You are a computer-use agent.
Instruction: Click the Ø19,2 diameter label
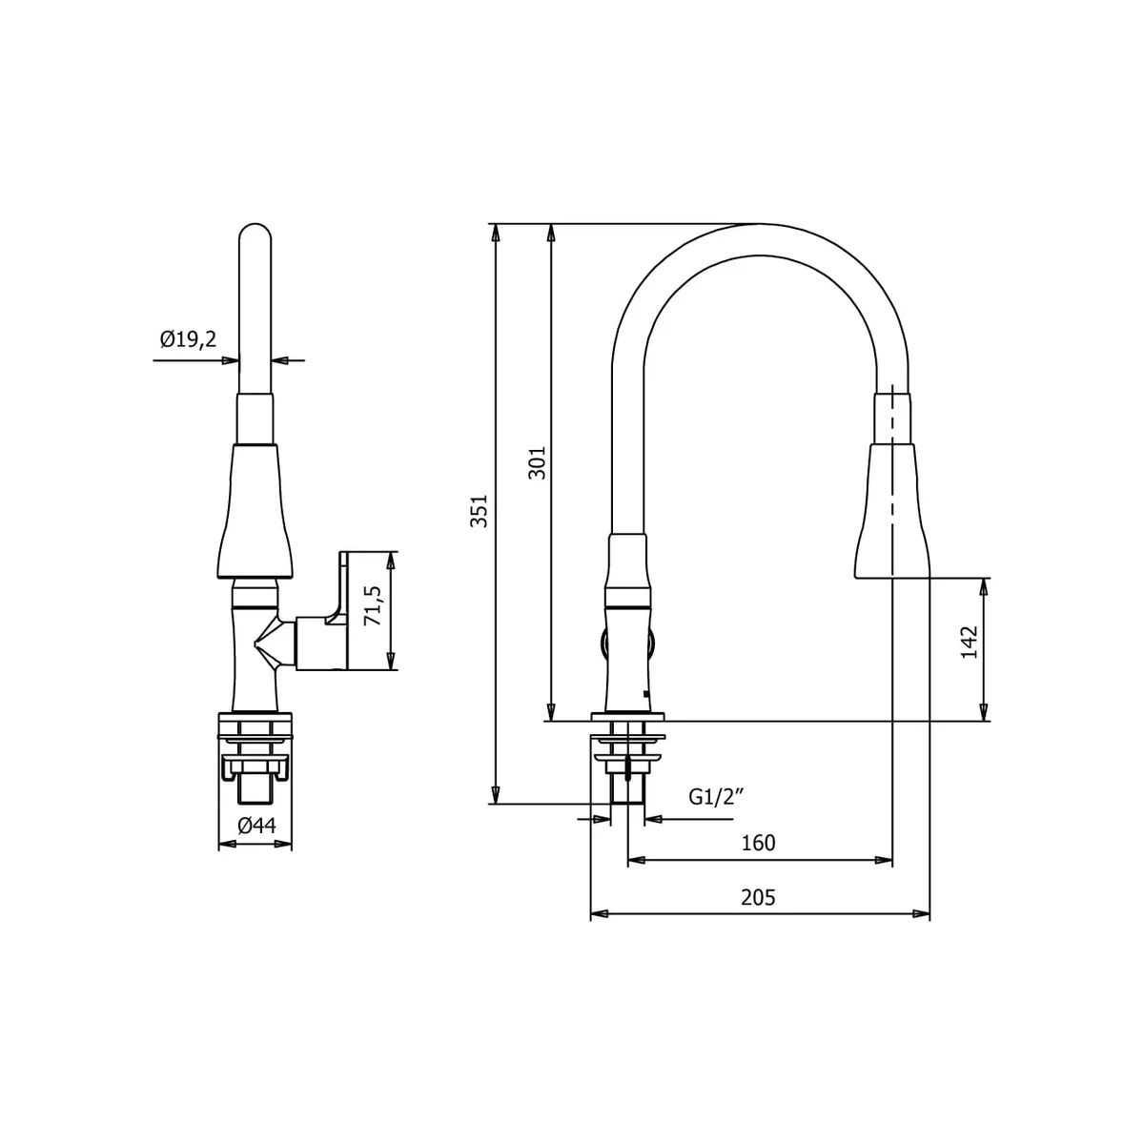pyautogui.click(x=189, y=338)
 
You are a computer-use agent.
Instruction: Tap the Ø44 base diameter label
pyautogui.click(x=255, y=826)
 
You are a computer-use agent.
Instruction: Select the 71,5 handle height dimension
pyautogui.click(x=373, y=606)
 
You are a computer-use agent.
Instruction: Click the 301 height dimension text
pyautogui.click(x=538, y=462)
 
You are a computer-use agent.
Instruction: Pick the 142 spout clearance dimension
pyautogui.click(x=970, y=643)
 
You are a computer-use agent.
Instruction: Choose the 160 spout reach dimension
pyautogui.click(x=758, y=843)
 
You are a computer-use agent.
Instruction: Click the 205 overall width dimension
pyautogui.click(x=758, y=897)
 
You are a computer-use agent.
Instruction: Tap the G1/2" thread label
pyautogui.click(x=715, y=797)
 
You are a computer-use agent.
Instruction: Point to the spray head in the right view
pyautogui.click(x=891, y=515)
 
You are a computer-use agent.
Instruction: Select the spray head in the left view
pyautogui.click(x=255, y=515)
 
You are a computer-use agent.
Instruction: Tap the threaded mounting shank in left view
pyautogui.click(x=255, y=786)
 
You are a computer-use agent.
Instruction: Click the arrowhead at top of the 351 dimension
pyautogui.click(x=495, y=232)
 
